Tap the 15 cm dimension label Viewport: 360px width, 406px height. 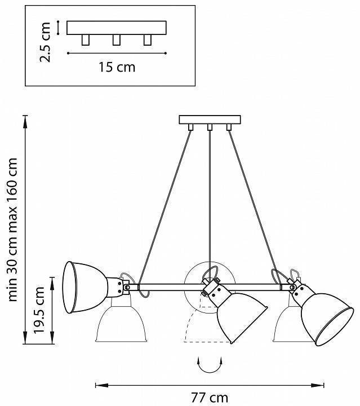[117, 67]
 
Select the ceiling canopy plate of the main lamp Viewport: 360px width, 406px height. [209, 120]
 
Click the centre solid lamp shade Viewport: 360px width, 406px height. [239, 316]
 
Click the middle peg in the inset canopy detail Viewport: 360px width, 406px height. [117, 39]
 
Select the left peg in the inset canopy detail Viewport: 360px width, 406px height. [86, 39]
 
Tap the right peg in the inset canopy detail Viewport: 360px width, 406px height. [148, 39]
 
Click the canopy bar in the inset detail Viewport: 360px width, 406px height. [117, 28]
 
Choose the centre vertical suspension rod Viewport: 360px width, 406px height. [209, 197]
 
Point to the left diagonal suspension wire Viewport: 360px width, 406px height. [166, 203]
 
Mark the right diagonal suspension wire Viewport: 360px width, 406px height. [252, 203]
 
